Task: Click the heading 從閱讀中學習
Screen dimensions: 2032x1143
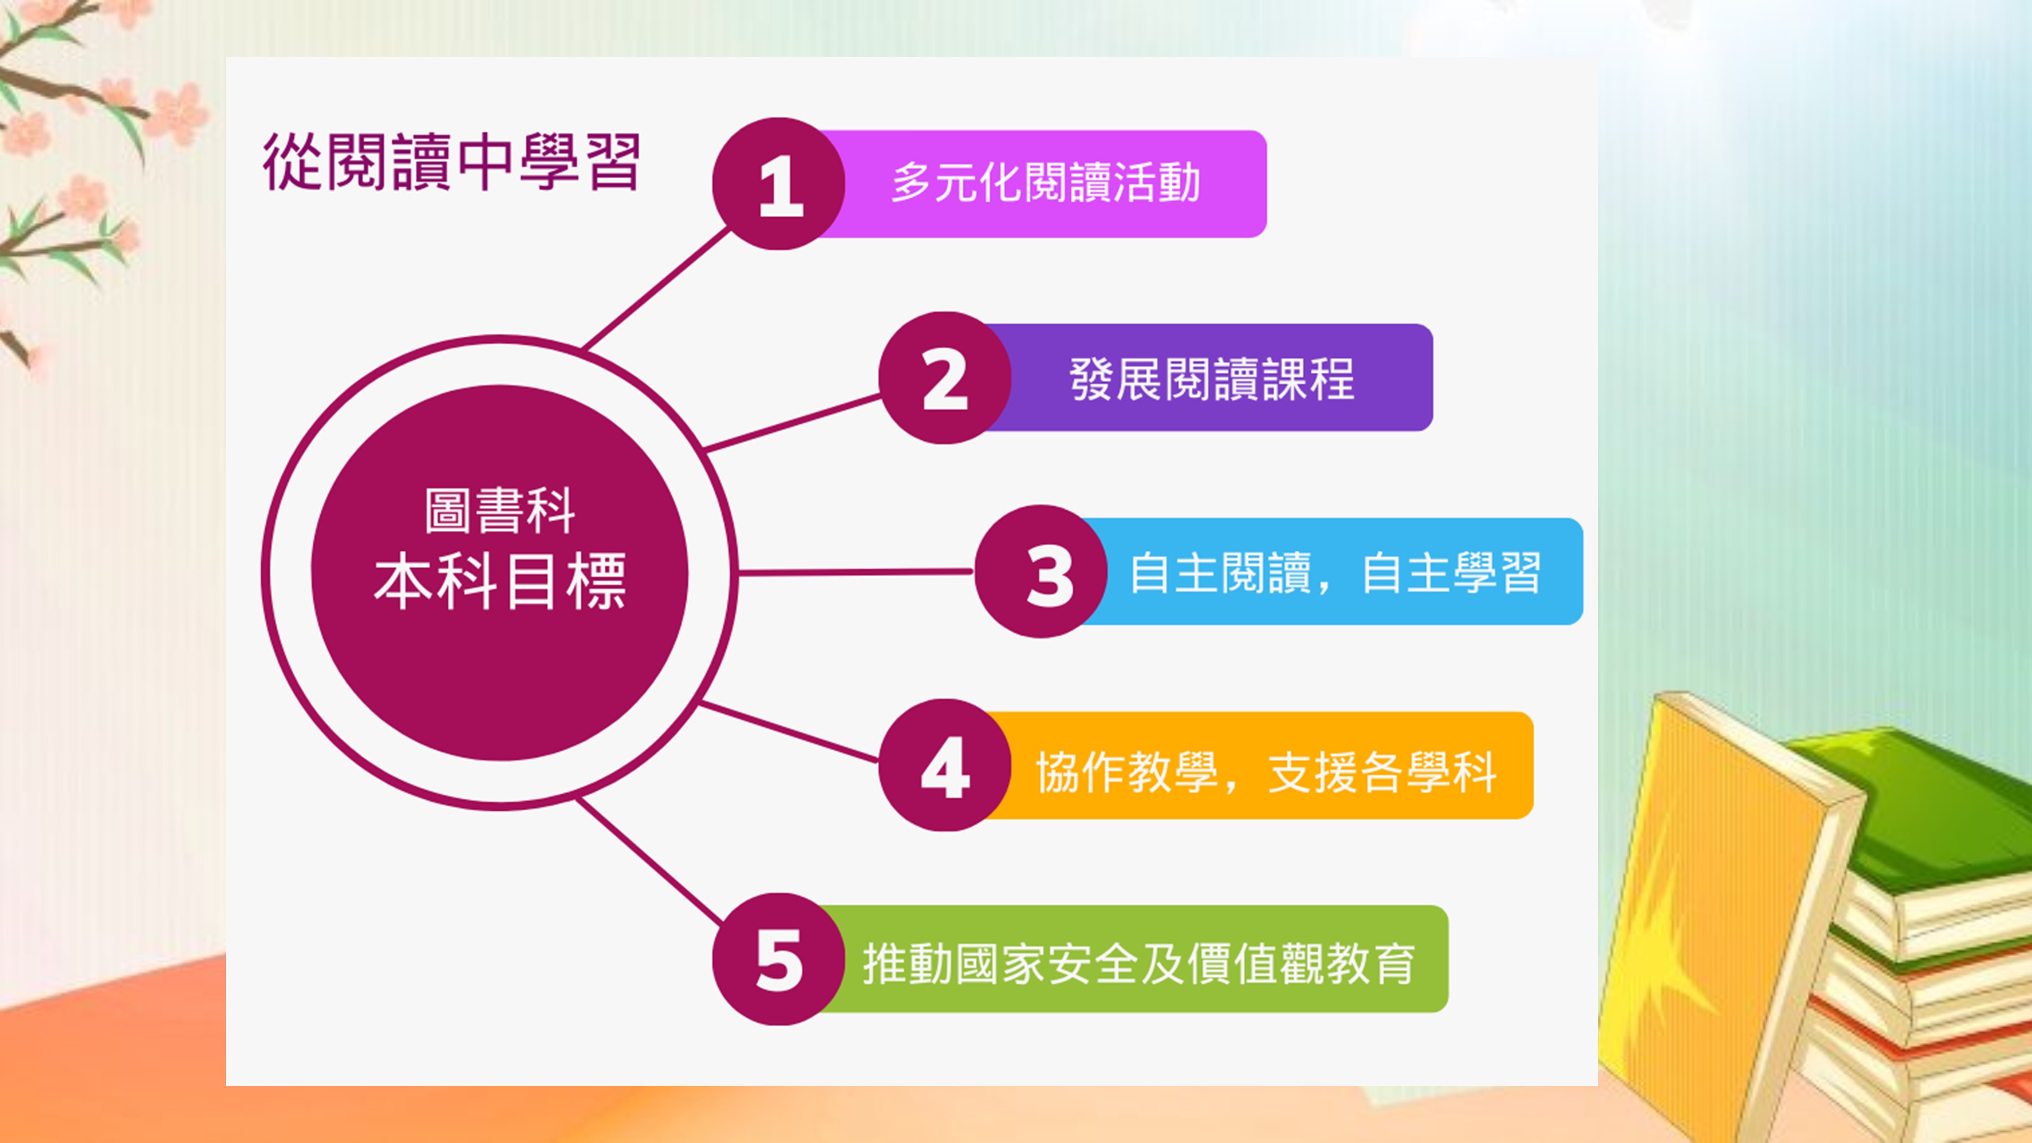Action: tap(451, 162)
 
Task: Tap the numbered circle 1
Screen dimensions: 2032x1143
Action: tap(778, 184)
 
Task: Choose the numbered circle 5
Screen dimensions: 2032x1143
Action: tap(778, 959)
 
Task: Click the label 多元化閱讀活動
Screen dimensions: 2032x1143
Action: tap(1046, 183)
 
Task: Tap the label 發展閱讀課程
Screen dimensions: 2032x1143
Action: tap(1212, 379)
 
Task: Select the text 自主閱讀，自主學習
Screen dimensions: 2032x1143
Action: tap(1335, 573)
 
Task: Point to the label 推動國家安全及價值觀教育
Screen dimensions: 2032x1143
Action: tap(1138, 964)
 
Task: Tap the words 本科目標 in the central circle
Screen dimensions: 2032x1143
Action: tap(500, 582)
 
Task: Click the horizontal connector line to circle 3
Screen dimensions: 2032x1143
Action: tap(855, 572)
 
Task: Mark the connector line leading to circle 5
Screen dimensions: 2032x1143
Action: tap(650, 862)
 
